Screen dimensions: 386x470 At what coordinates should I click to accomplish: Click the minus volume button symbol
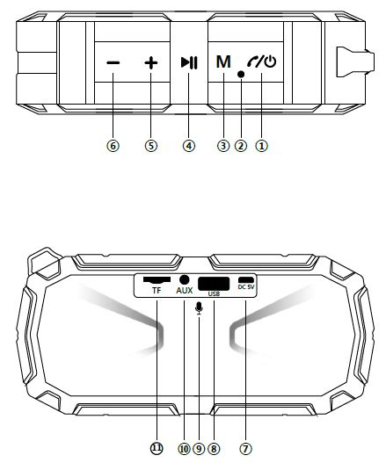click(113, 62)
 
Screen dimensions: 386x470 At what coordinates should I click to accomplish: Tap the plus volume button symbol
click(151, 63)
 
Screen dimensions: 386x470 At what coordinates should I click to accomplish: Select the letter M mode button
click(223, 61)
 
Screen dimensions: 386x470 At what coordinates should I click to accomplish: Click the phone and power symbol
click(262, 61)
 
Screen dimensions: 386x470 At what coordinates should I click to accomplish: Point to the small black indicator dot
click(241, 74)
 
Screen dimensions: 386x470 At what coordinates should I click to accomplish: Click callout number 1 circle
click(261, 146)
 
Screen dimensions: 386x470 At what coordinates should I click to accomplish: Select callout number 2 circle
click(241, 146)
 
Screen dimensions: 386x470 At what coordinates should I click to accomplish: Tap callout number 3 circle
click(223, 146)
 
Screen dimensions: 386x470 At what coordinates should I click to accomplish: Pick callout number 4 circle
click(189, 146)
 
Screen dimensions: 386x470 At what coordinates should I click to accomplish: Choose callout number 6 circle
click(113, 146)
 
